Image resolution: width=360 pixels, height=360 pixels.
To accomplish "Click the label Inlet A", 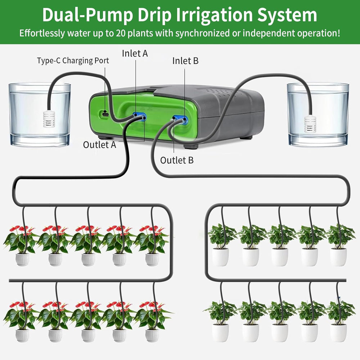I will click(135, 53).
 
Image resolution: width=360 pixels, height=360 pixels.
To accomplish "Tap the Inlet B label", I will click(185, 61).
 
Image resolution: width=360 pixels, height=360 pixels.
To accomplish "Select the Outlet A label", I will click(100, 145).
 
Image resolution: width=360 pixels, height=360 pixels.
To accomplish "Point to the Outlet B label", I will click(177, 160).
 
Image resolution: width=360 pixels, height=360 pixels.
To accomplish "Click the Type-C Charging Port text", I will click(73, 60).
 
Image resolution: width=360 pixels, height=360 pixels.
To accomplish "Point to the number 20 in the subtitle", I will click(121, 33).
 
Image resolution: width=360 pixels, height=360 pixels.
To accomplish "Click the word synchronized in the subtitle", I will click(203, 33).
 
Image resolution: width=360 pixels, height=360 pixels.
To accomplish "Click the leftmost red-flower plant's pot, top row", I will click(22, 259).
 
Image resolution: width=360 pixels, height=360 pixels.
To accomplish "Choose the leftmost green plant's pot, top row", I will click(220, 256).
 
